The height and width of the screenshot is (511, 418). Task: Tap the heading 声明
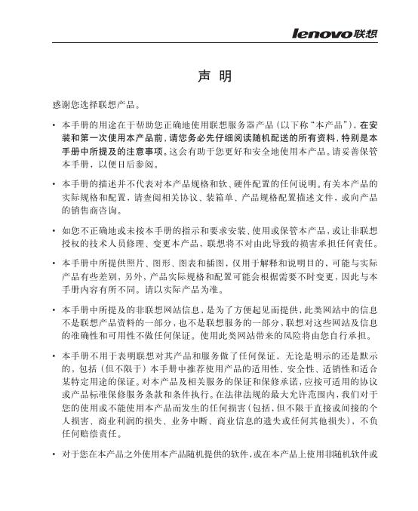click(209, 77)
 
